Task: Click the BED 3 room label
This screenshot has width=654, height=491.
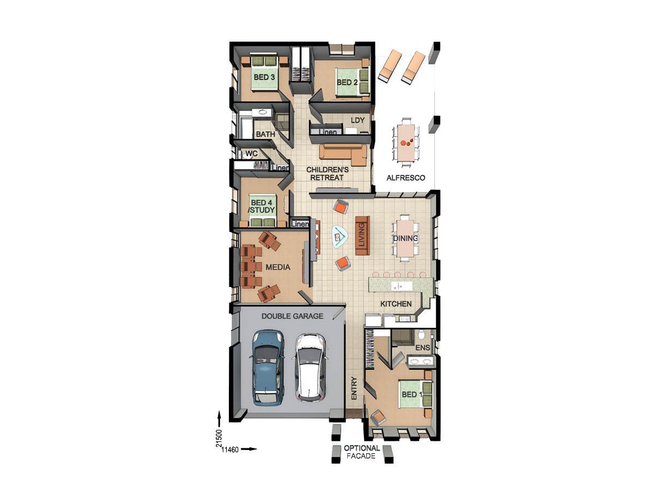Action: (x=264, y=77)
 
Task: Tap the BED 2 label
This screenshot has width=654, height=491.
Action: (x=347, y=82)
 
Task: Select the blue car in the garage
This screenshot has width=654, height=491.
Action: (x=267, y=367)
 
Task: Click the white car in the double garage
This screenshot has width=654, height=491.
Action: (x=310, y=366)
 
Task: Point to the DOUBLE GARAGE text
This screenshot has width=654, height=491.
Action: (x=292, y=316)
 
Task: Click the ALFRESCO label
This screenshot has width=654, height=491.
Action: (x=405, y=178)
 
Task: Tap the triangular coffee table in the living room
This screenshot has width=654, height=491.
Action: (x=340, y=236)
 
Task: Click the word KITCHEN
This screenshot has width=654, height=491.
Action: (x=396, y=304)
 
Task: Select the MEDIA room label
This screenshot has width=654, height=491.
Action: (x=278, y=267)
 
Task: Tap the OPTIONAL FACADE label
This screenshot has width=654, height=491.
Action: (x=362, y=452)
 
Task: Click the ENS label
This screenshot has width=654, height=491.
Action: (x=423, y=348)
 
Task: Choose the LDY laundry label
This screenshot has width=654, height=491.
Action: (x=357, y=120)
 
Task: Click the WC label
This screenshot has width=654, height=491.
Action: (x=251, y=154)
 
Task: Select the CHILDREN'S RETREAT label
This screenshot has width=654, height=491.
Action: (x=327, y=173)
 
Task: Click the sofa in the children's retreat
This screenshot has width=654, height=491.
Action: (x=343, y=154)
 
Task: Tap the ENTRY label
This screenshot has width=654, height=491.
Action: (x=354, y=388)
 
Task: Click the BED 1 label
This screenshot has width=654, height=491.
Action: (x=411, y=394)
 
